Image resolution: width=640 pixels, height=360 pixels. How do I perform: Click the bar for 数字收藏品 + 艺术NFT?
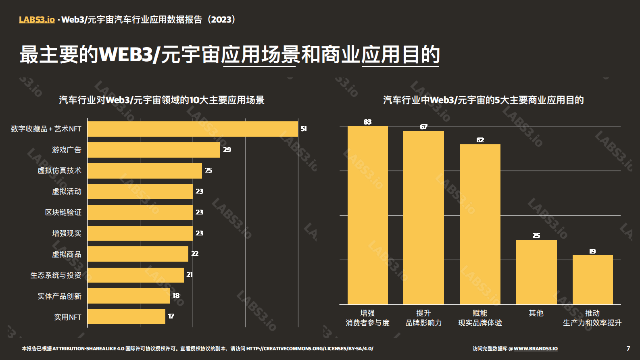[x=193, y=129]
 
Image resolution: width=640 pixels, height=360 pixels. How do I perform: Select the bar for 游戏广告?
[x=154, y=150]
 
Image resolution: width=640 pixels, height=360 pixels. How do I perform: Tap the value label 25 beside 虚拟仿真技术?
[x=208, y=171]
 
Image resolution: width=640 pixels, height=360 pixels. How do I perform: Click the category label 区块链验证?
[x=63, y=212]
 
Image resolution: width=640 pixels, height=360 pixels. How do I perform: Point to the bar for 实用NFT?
[x=126, y=317]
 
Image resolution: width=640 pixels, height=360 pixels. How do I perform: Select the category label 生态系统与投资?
[x=56, y=275]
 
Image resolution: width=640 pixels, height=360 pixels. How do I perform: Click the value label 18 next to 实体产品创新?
[x=176, y=296]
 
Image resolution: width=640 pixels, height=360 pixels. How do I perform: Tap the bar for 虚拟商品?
[x=138, y=254]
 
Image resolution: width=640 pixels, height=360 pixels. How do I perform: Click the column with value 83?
[x=367, y=215]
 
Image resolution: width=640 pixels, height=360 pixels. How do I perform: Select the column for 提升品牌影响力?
[x=423, y=218]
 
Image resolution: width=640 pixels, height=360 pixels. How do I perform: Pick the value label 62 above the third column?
[x=480, y=140]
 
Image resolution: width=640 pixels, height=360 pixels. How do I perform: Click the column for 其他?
[x=536, y=272]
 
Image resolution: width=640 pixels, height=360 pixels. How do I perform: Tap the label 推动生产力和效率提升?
[x=592, y=318]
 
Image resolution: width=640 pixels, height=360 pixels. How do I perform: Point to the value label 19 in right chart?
[x=592, y=251]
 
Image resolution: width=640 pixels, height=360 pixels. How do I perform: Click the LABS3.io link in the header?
[x=37, y=20]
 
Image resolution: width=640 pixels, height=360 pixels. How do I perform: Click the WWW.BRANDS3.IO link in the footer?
[x=536, y=349]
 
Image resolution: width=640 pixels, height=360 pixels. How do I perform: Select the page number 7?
[x=628, y=348]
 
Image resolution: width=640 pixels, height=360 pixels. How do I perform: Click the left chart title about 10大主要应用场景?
[x=161, y=100]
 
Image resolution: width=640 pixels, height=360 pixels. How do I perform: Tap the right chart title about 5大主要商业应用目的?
[x=483, y=100]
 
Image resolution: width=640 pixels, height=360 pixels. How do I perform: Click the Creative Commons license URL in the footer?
[x=310, y=349]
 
